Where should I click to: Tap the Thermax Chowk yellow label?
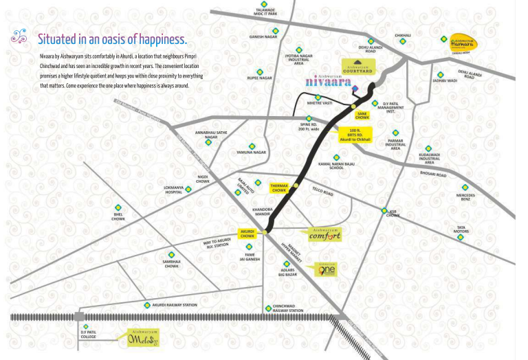[x=279, y=187]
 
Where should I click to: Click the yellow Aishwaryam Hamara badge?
[x=465, y=40]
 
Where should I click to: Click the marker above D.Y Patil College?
[x=86, y=326]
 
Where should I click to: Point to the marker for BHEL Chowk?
[x=118, y=207]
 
